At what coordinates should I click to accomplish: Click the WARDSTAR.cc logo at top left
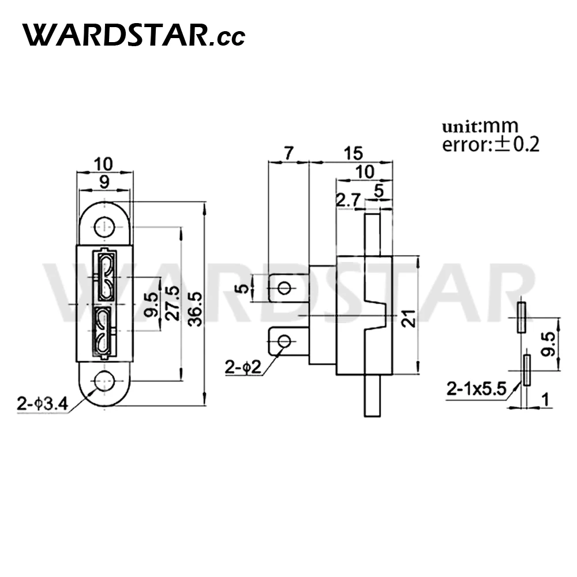134,35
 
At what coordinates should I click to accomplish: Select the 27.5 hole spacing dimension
173,303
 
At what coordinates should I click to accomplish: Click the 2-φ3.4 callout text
43,404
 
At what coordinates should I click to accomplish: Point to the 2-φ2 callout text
243,367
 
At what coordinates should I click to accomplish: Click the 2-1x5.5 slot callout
477,389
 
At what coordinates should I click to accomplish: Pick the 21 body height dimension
409,319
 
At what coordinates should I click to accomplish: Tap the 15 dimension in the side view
353,153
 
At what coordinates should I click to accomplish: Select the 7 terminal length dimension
288,153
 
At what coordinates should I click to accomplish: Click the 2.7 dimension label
348,201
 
